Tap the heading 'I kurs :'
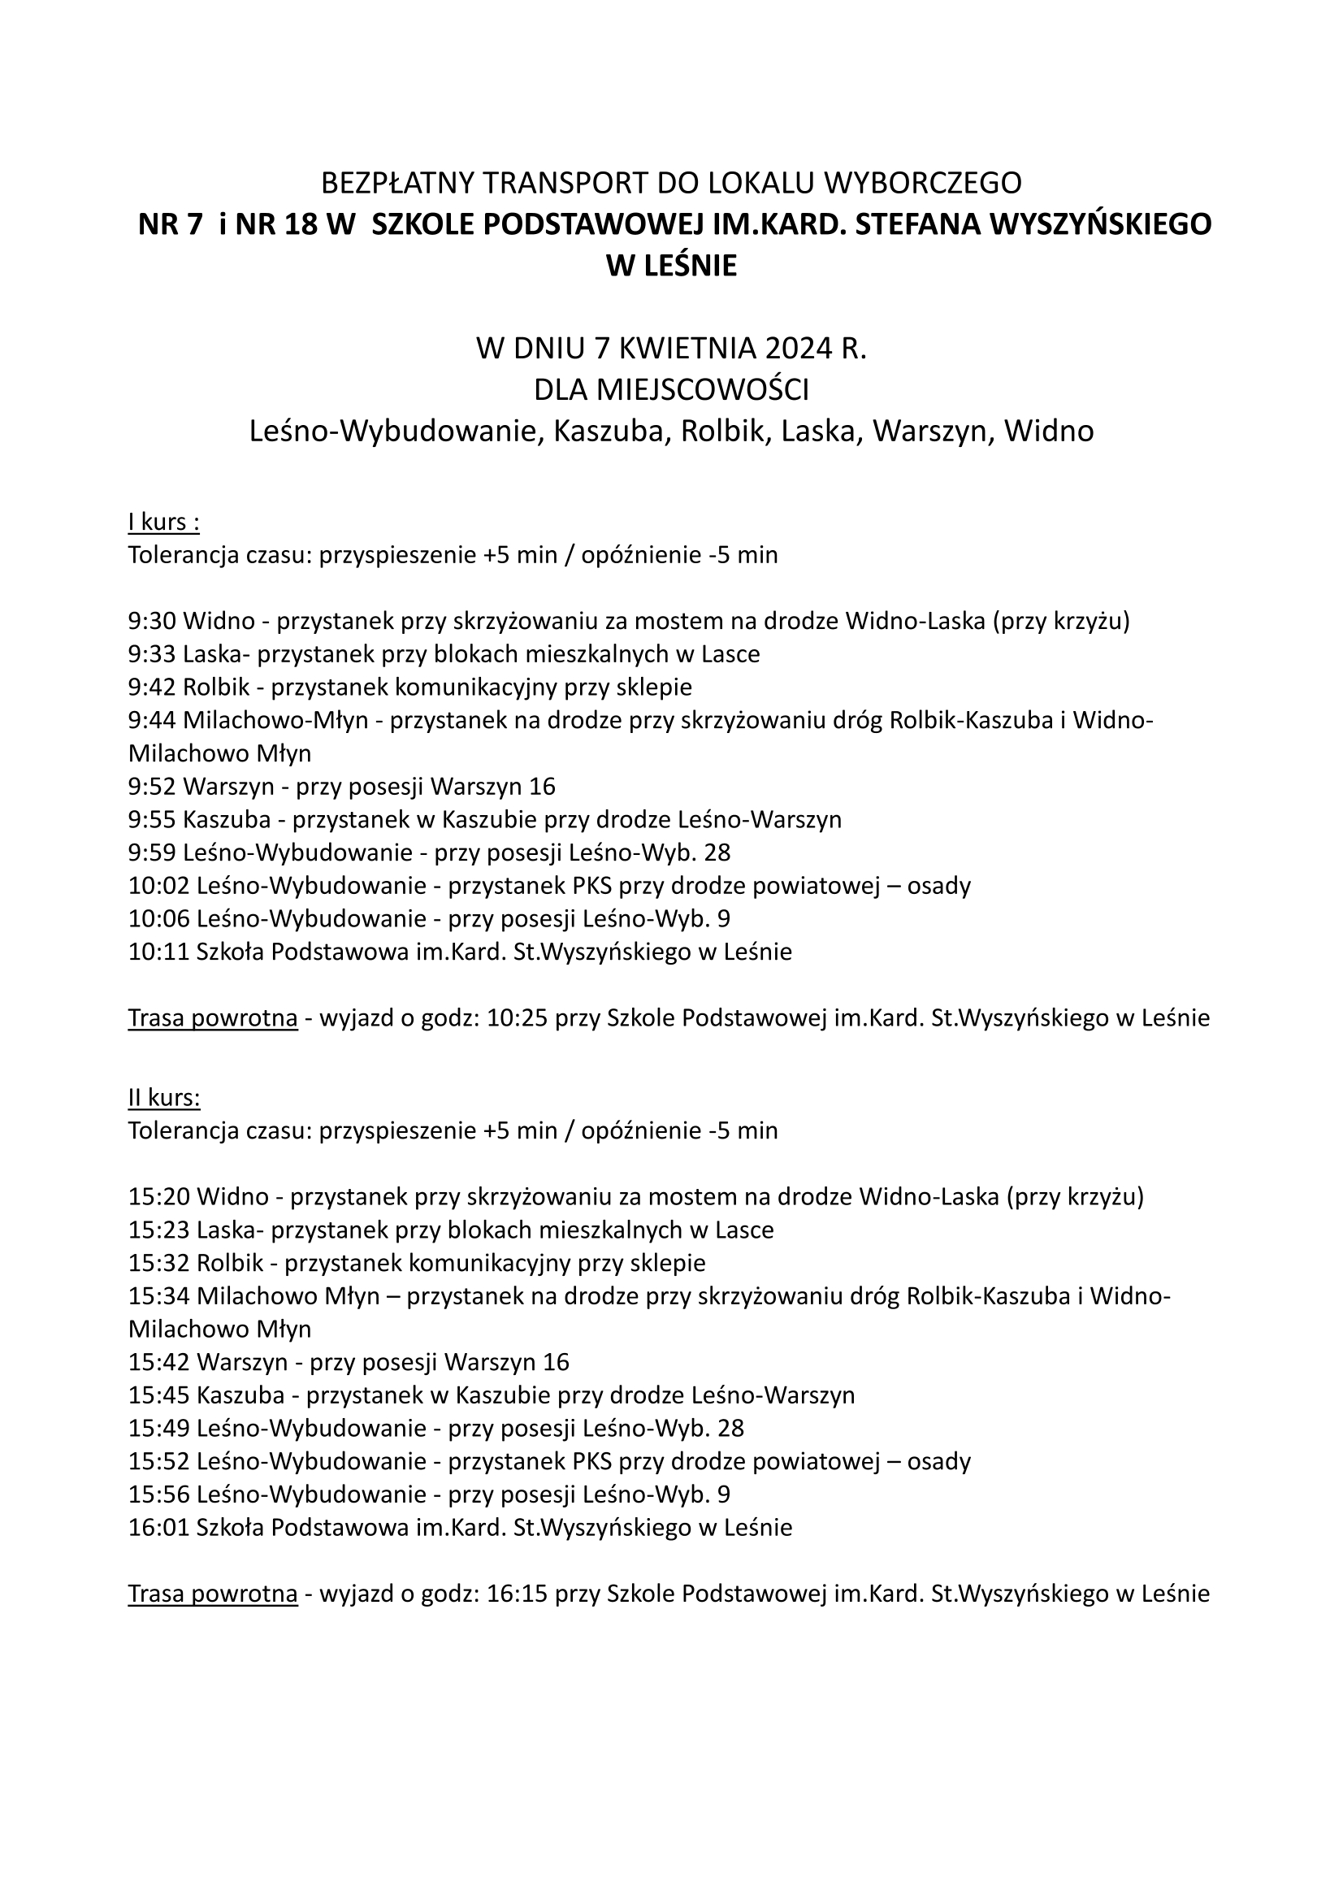[164, 523]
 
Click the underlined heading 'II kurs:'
[164, 1098]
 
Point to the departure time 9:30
[152, 621]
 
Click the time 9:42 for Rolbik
[152, 687]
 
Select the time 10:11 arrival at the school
[159, 952]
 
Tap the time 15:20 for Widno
[159, 1196]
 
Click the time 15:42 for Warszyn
[159, 1362]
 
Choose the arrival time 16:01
[159, 1528]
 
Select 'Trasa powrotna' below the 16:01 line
[213, 1594]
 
